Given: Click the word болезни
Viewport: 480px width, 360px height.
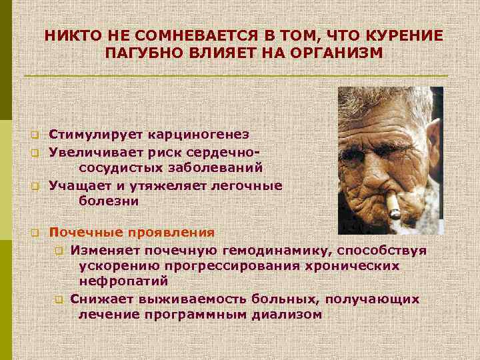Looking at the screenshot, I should (x=108, y=200).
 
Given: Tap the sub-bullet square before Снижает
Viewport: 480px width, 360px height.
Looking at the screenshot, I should (x=59, y=299).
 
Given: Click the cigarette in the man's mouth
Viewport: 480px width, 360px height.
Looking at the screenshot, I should (x=393, y=207).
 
